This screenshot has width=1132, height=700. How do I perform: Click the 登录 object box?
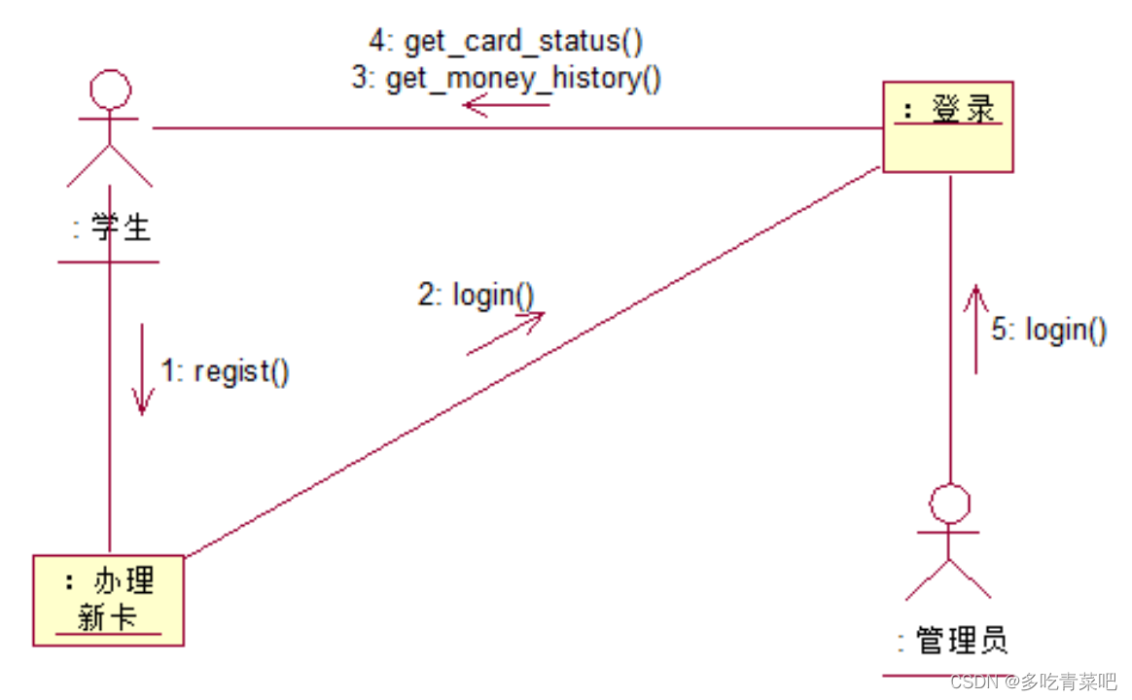coord(947,126)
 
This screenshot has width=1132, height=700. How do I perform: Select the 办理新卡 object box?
coord(108,600)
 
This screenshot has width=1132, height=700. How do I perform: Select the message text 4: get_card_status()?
coord(506,42)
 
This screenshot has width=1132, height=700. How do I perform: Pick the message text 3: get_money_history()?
coord(507,78)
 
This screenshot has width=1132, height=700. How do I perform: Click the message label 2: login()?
coord(477,295)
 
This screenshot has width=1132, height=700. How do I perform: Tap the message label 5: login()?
coord(1048,331)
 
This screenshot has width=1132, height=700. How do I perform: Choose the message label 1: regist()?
coord(225,371)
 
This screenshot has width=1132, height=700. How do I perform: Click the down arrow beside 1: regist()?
coord(143,369)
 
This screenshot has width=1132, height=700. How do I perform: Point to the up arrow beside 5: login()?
coord(975,329)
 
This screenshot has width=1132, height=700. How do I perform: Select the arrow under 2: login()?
coord(505,333)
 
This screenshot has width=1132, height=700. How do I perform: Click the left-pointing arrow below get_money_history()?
coord(506,104)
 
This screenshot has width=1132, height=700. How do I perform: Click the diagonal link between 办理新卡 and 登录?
coord(533,363)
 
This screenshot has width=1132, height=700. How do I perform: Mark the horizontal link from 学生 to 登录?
coord(515,128)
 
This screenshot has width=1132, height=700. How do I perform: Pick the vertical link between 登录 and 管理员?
coord(950,331)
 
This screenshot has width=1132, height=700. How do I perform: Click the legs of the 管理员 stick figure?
coord(948,579)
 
